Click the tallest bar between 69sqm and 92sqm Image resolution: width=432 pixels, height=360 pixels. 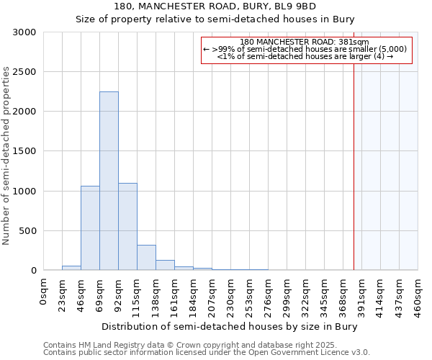(x=109, y=181)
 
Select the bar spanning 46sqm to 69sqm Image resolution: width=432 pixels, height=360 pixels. (x=90, y=228)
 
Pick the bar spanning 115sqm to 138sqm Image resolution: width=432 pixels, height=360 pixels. (x=146, y=257)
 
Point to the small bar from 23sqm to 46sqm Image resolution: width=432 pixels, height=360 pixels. (x=71, y=268)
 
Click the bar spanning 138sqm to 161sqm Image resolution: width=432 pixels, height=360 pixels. (x=165, y=265)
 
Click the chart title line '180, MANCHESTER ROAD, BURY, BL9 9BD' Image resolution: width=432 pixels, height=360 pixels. (x=215, y=6)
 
